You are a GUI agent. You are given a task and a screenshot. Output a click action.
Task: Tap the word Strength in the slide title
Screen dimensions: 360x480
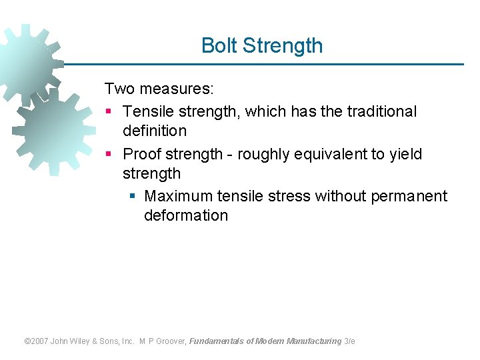[x=283, y=46]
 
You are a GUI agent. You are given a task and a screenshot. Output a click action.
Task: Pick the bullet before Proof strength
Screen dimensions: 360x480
[x=109, y=155]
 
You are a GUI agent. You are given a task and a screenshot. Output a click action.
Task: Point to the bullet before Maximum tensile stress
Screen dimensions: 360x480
[x=132, y=197]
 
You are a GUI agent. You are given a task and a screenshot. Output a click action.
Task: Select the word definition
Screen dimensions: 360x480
[x=155, y=131]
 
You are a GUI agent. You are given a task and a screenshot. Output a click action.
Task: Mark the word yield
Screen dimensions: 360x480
[x=406, y=154]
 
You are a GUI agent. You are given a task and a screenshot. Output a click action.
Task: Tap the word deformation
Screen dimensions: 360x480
[x=186, y=215]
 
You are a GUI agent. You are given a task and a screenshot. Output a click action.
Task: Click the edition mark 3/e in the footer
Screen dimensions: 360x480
[x=349, y=341]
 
